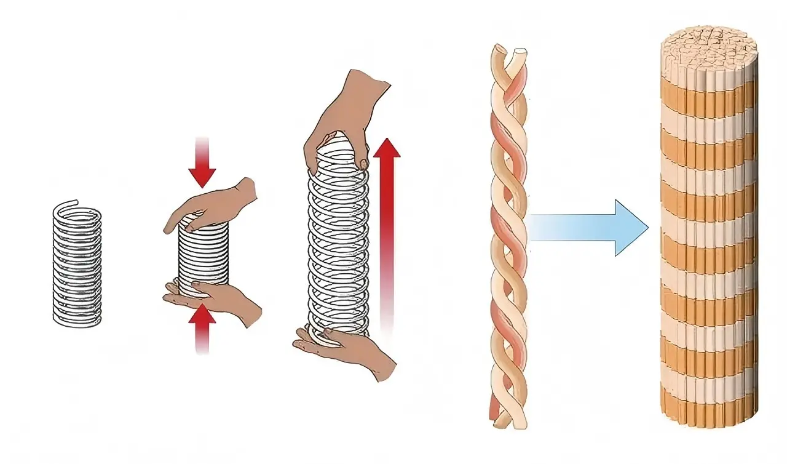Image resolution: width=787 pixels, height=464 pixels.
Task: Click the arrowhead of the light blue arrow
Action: pos(630,228)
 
